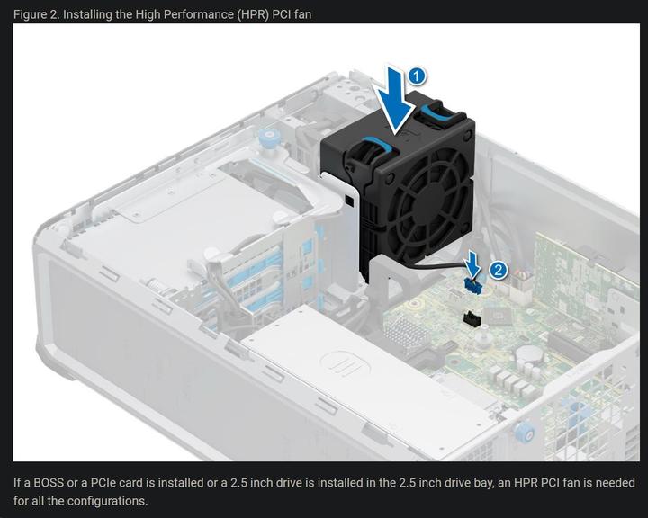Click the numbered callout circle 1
pyautogui.click(x=417, y=76)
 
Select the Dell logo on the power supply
pyautogui.click(x=340, y=363)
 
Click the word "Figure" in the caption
pyautogui.click(x=32, y=13)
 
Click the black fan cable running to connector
pyautogui.click(x=423, y=262)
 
